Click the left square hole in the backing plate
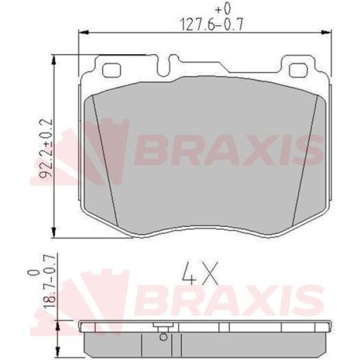click(112, 70)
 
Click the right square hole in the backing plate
click(298, 70)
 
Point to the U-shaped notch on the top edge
click(173, 64)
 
